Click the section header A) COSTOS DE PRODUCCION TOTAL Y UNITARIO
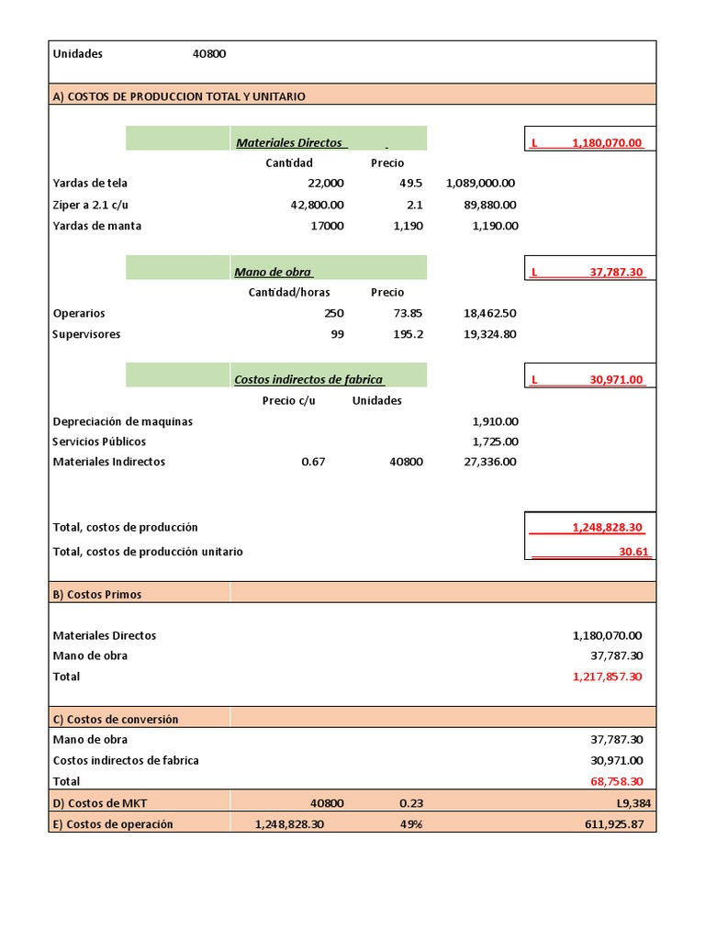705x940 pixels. coord(179,95)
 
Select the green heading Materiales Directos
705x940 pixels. coord(289,142)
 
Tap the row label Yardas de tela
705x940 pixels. coord(90,183)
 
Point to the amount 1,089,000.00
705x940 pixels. coord(480,183)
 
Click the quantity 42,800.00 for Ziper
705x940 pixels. coord(317,205)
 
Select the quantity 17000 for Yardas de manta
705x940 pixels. coord(326,226)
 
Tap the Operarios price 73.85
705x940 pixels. coord(405,313)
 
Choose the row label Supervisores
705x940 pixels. coord(86,334)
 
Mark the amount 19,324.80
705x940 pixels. coord(490,334)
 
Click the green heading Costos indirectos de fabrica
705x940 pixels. coord(308,379)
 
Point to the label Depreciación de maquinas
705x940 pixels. coord(123,421)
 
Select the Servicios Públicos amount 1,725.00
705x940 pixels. coord(495,442)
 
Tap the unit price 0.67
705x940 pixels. coord(313,462)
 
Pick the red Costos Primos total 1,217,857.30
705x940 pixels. coord(607,677)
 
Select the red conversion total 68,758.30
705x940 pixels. coord(616,781)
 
